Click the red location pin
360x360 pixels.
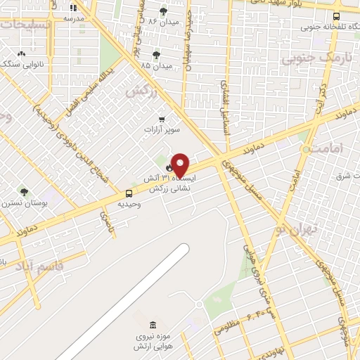181,165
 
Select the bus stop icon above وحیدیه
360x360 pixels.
129,193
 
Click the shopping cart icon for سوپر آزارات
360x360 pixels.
162,119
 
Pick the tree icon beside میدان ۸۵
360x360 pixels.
156,55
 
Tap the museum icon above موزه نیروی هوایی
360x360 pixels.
153,325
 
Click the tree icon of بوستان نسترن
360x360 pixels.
24,191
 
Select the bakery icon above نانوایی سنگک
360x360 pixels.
21,53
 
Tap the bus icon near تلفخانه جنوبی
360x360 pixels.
336,16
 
